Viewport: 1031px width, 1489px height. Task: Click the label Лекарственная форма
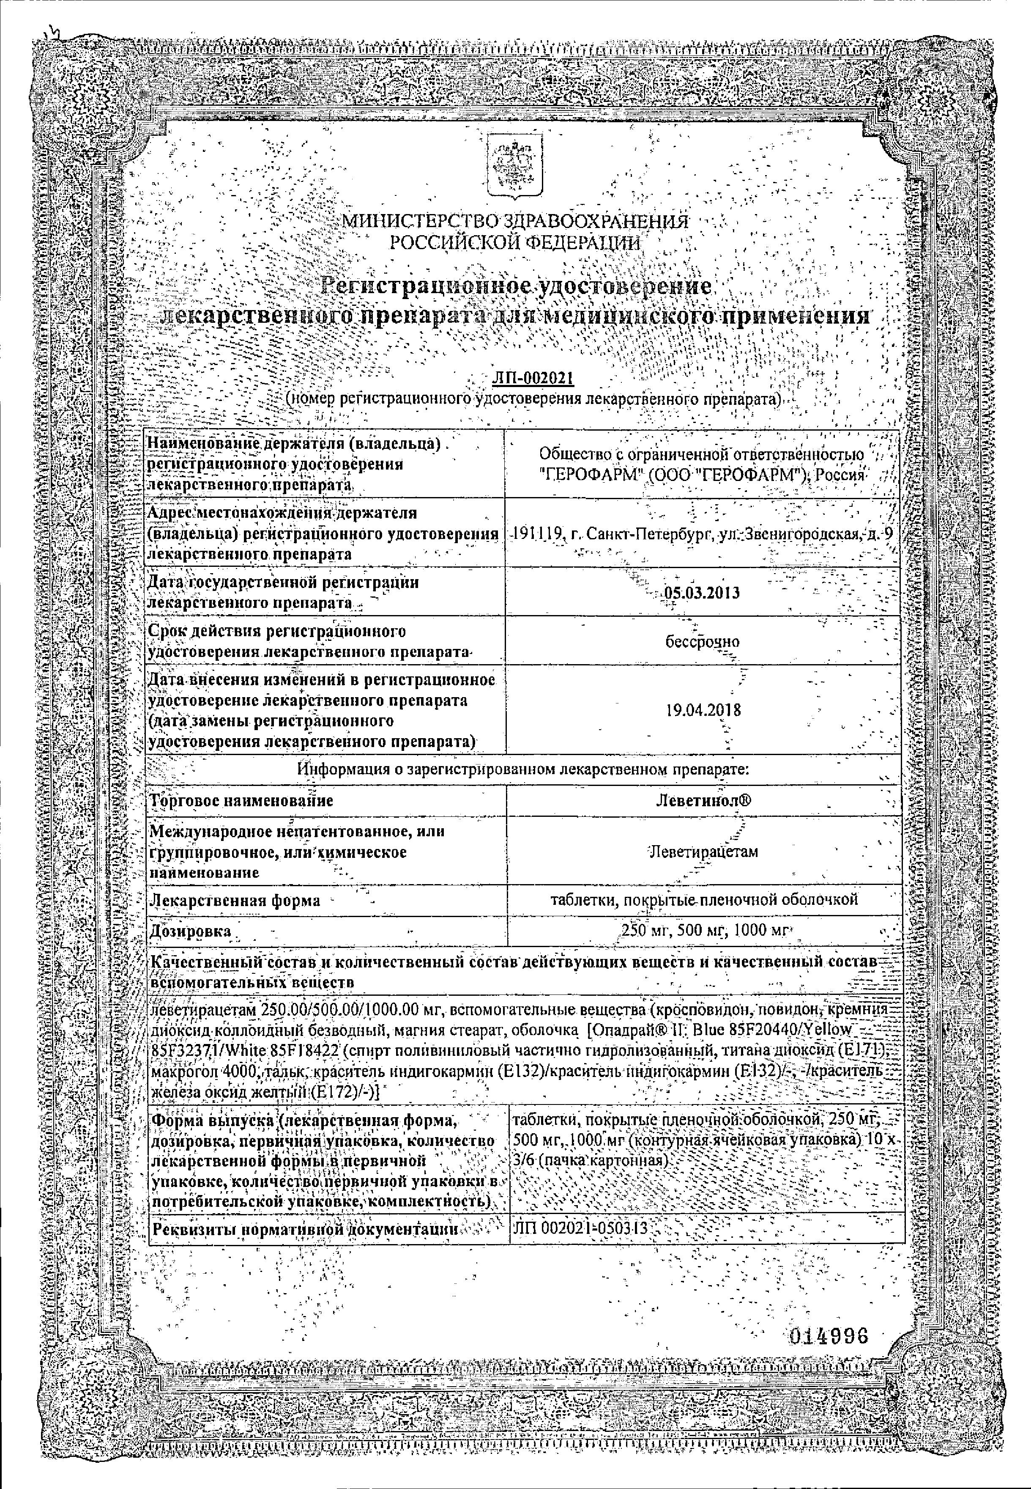[235, 900]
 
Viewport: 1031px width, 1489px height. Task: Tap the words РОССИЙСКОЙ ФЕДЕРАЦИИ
[515, 244]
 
